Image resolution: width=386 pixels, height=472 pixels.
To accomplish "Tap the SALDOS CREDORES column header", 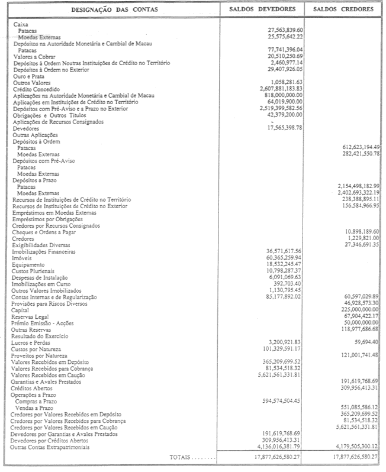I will pyautogui.click(x=343, y=10).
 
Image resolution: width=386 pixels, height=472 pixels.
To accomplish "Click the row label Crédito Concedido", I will pyautogui.click(x=35, y=88).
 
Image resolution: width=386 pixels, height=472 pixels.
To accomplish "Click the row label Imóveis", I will pyautogui.click(x=22, y=258).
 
